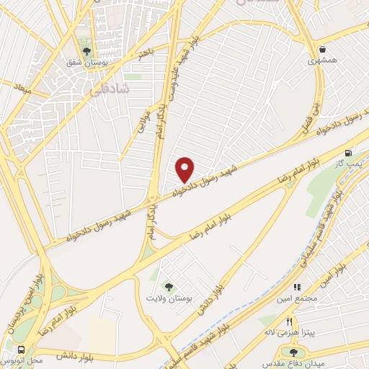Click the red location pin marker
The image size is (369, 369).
(x=185, y=169)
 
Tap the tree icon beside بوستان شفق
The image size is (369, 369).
(x=86, y=50)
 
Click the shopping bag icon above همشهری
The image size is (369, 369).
(x=321, y=50)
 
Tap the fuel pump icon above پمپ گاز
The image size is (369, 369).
(x=350, y=152)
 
